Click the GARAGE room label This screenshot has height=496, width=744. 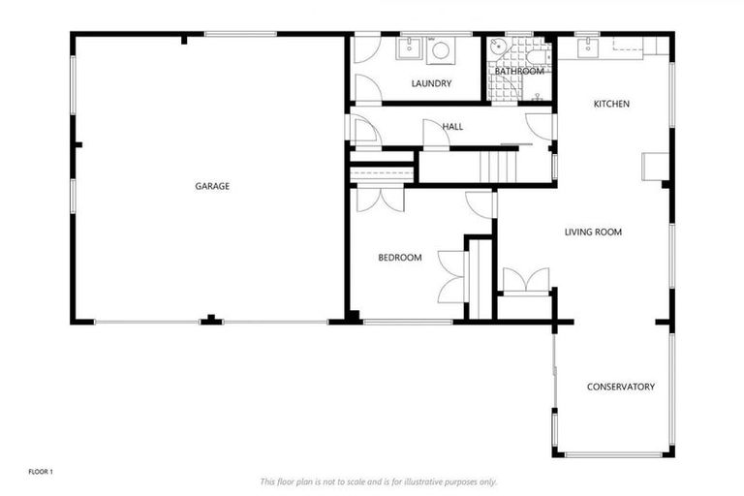pyautogui.click(x=212, y=186)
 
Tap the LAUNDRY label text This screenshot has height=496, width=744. pyautogui.click(x=431, y=84)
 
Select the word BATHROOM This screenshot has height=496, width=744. pyautogui.click(x=519, y=71)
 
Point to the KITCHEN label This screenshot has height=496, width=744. pyautogui.click(x=612, y=104)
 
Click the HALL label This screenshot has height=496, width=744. pyautogui.click(x=452, y=127)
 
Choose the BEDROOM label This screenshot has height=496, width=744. pyautogui.click(x=399, y=258)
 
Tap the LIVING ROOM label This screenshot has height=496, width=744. pyautogui.click(x=593, y=232)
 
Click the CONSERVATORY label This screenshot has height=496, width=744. pyautogui.click(x=621, y=387)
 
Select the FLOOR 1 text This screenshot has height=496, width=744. pyautogui.click(x=40, y=472)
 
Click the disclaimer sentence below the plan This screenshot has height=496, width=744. pyautogui.click(x=378, y=481)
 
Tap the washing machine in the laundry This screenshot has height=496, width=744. pyautogui.click(x=441, y=50)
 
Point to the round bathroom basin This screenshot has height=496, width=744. pyautogui.click(x=499, y=48)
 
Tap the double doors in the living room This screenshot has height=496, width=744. pyautogui.click(x=525, y=281)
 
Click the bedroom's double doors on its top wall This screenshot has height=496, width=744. pyautogui.click(x=379, y=199)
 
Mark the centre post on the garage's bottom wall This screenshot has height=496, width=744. pyautogui.click(x=210, y=320)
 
